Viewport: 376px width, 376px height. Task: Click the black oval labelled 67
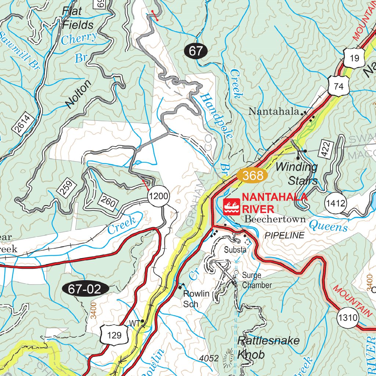tap(196, 51)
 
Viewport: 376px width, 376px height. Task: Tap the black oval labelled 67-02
tap(85, 289)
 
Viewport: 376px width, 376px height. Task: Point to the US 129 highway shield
tap(115, 335)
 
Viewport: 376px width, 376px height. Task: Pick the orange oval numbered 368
tap(253, 176)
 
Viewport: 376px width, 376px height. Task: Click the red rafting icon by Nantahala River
tap(232, 207)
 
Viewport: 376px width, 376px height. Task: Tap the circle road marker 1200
tap(159, 197)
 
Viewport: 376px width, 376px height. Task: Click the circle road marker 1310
tap(347, 317)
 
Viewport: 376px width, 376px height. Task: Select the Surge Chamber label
tap(256, 280)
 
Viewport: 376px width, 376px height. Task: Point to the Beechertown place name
tap(275, 219)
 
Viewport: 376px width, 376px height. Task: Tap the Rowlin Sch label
tap(196, 299)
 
